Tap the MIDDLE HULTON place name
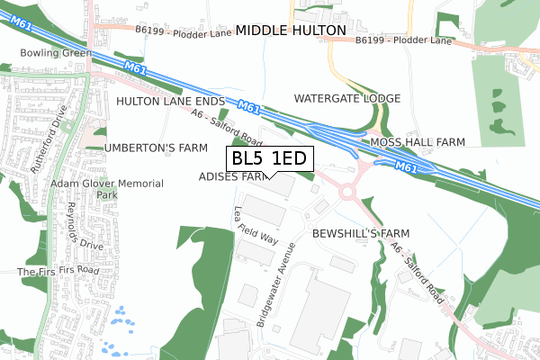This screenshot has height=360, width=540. point(291,31)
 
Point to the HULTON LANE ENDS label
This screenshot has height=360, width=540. point(169,103)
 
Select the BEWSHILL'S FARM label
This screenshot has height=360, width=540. point(361,233)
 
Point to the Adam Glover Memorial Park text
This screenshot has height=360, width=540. point(107,189)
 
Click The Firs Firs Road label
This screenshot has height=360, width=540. point(58,270)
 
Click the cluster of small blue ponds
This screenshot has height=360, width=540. point(114,329)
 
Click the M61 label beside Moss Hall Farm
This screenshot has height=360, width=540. point(406,166)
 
